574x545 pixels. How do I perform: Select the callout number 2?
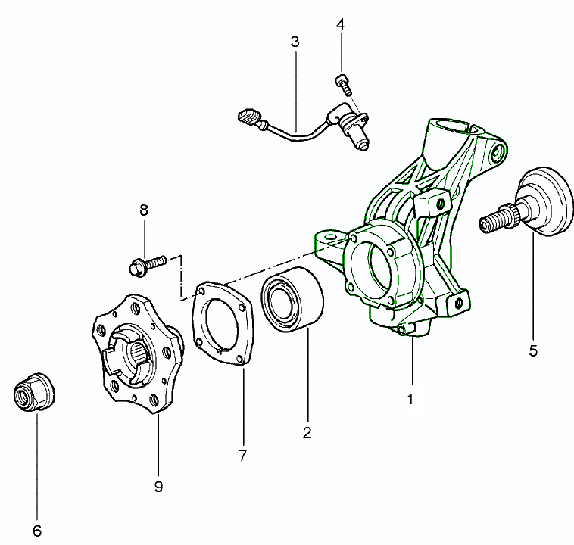[307, 433]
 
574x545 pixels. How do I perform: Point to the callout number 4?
[341, 24]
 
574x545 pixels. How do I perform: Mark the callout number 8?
[142, 210]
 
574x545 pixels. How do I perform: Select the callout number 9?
[158, 487]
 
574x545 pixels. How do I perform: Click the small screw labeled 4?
[342, 83]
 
